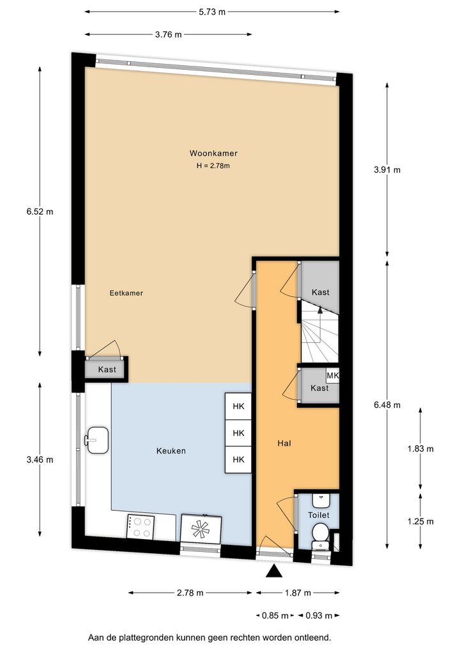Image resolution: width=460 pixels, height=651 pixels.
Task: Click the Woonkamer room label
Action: [213, 153]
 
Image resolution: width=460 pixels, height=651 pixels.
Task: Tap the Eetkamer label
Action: [126, 293]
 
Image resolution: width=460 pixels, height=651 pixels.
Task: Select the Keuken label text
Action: [171, 451]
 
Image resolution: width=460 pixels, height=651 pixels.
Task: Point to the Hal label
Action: [284, 443]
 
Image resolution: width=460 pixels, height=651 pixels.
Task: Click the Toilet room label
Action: [319, 515]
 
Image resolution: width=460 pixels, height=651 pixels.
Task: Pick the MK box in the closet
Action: [333, 376]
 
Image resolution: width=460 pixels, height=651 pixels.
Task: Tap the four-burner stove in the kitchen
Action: [140, 528]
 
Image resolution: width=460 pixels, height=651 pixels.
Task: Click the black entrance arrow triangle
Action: [273, 571]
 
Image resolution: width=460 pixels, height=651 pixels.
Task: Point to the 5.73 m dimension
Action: [212, 12]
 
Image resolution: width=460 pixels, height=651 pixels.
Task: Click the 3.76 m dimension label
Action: [169, 35]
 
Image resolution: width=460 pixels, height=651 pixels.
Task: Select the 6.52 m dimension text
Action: [40, 212]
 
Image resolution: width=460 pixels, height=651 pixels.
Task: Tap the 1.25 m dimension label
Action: [420, 521]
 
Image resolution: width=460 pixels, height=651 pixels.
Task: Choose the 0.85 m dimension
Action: [275, 615]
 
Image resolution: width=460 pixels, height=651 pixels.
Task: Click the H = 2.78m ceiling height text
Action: [213, 166]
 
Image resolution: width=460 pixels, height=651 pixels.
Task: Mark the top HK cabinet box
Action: [238, 407]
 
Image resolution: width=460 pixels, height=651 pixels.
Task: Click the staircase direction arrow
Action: [320, 310]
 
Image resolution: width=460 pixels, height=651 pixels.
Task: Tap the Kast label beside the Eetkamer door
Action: [107, 370]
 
